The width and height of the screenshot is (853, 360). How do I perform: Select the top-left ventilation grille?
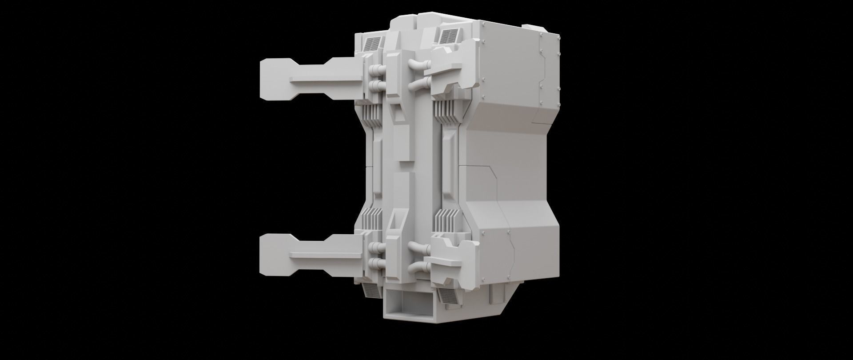click(372, 44)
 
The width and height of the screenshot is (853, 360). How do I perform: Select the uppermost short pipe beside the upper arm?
click(376, 70)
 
